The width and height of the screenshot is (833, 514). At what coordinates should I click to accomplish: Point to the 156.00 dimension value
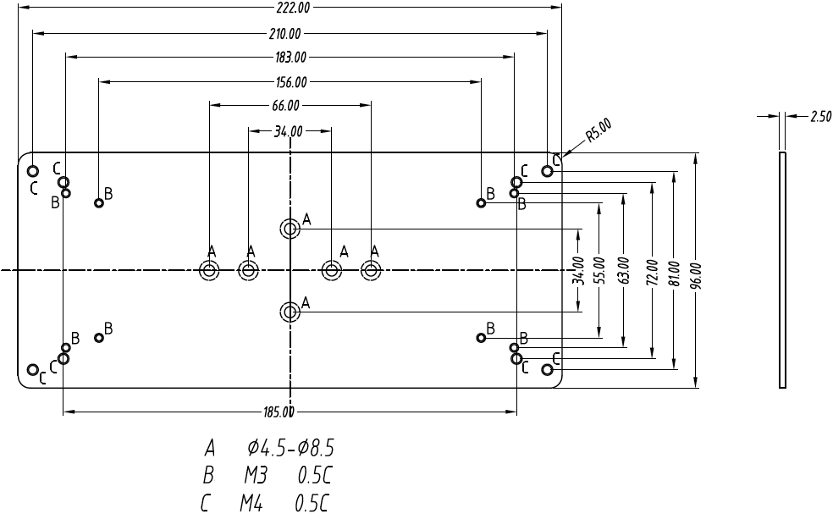(291, 82)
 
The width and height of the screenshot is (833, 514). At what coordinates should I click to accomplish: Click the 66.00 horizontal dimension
(285, 106)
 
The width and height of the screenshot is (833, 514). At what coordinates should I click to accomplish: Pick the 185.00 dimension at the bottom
(279, 413)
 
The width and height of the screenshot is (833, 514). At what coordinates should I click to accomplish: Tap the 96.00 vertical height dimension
(696, 272)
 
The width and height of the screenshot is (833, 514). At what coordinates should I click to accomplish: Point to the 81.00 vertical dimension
(674, 272)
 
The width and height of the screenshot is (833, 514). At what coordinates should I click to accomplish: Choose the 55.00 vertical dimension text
(599, 272)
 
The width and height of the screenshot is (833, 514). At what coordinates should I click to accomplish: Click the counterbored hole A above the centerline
(290, 228)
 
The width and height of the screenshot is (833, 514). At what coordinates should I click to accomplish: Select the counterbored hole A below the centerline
(290, 312)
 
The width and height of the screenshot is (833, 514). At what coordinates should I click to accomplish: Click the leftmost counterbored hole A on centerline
(208, 271)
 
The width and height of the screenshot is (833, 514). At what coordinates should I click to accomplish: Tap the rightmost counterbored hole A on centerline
(371, 271)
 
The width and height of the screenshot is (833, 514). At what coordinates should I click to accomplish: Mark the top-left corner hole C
(33, 171)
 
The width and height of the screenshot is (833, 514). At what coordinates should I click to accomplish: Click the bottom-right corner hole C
(548, 369)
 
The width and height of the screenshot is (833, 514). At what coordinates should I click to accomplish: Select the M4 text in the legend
(251, 505)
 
